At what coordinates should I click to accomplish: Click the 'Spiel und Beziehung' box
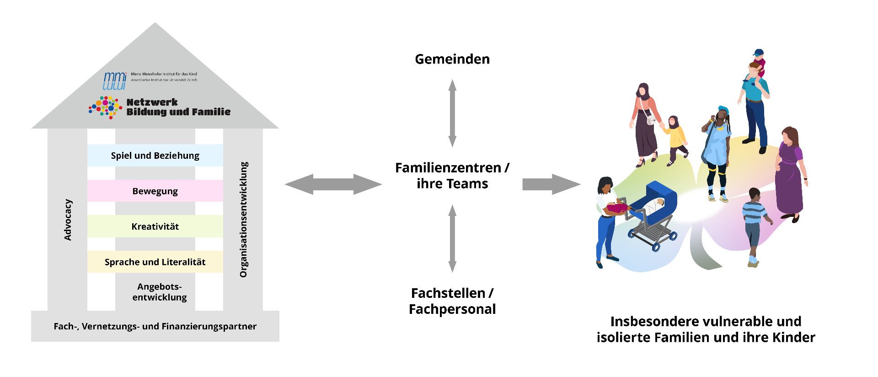155,156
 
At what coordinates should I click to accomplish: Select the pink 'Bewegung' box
155,191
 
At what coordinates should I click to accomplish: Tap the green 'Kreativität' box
155,226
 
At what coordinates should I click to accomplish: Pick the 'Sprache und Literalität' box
155,262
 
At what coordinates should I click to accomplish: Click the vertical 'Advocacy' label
68,220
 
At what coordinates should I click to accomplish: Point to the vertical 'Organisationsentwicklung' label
243,220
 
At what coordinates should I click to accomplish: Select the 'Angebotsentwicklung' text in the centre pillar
160,292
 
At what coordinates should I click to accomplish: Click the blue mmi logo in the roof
114,81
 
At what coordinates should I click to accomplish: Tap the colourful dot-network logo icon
106,108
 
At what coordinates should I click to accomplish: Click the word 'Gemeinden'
452,59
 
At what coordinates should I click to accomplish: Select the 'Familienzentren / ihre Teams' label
452,176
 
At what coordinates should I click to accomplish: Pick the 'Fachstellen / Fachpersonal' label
452,301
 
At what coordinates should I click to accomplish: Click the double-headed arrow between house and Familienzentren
333,184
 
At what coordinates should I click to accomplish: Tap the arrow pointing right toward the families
551,184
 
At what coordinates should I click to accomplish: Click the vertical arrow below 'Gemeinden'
452,113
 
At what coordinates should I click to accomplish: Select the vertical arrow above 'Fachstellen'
452,238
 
